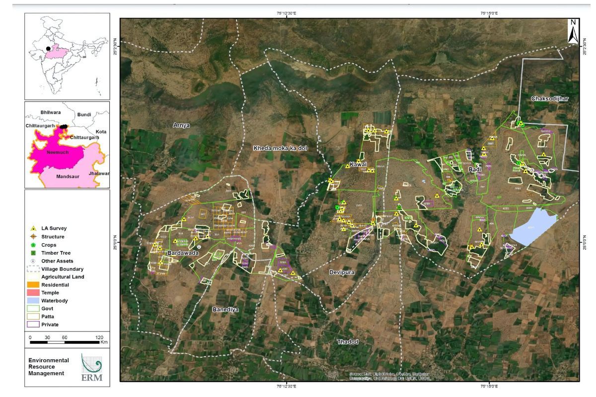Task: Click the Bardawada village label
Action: pos(183,253)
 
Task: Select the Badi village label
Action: pos(473,170)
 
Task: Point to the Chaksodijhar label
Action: pos(549,98)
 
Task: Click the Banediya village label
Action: pos(226,310)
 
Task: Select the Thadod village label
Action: pos(347,342)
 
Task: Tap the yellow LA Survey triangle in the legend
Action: pos(33,229)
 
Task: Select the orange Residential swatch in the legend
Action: pos(33,285)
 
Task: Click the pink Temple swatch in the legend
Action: pos(33,293)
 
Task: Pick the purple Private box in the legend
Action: pos(33,325)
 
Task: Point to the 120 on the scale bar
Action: pos(99,337)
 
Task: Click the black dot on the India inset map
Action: pos(48,49)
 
